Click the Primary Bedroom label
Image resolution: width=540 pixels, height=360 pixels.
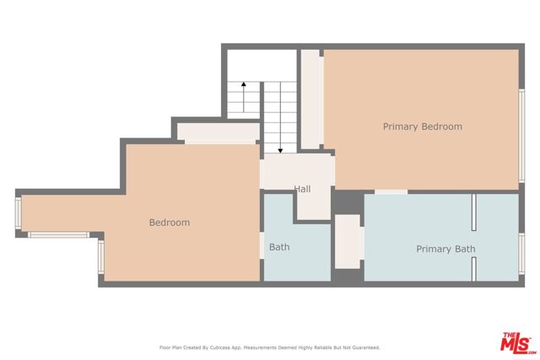(422, 126)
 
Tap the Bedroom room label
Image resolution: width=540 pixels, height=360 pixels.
(169, 223)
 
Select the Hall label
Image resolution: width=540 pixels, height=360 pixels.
(302, 189)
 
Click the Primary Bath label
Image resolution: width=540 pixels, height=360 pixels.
(445, 249)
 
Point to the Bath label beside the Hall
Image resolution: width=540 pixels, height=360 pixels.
(279, 247)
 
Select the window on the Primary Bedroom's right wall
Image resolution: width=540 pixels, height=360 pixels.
(521, 135)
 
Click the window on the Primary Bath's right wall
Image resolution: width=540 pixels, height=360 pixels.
(521, 256)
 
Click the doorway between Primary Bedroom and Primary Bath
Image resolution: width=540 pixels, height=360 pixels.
(391, 192)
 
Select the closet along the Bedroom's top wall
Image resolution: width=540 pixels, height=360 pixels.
(217, 132)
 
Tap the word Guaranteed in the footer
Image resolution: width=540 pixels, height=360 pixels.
(364, 347)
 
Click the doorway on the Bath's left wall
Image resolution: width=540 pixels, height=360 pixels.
(262, 244)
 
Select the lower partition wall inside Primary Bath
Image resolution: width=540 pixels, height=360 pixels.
(475, 269)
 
